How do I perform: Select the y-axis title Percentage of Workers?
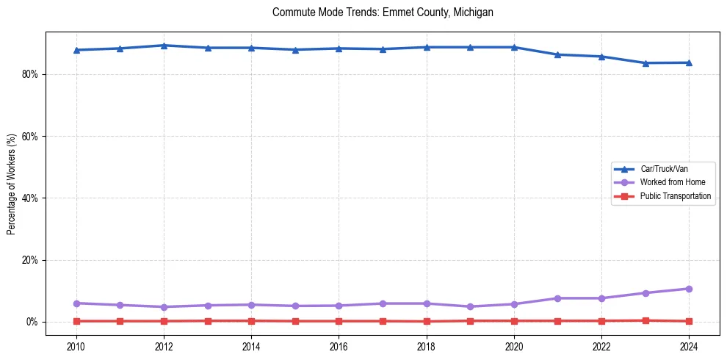tap(12, 184)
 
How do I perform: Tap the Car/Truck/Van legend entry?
tap(664, 169)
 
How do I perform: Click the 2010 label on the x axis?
tap(76, 345)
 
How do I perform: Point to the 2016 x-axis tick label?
tap(339, 345)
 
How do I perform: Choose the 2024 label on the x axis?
tap(689, 345)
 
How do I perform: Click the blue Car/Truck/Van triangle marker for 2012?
tap(164, 46)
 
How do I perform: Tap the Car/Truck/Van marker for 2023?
tap(645, 63)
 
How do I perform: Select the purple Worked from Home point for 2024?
tap(689, 289)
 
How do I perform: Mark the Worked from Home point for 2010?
tap(76, 303)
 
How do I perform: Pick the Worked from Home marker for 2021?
tap(557, 298)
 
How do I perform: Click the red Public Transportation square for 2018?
tap(427, 321)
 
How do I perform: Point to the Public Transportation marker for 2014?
tap(251, 320)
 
